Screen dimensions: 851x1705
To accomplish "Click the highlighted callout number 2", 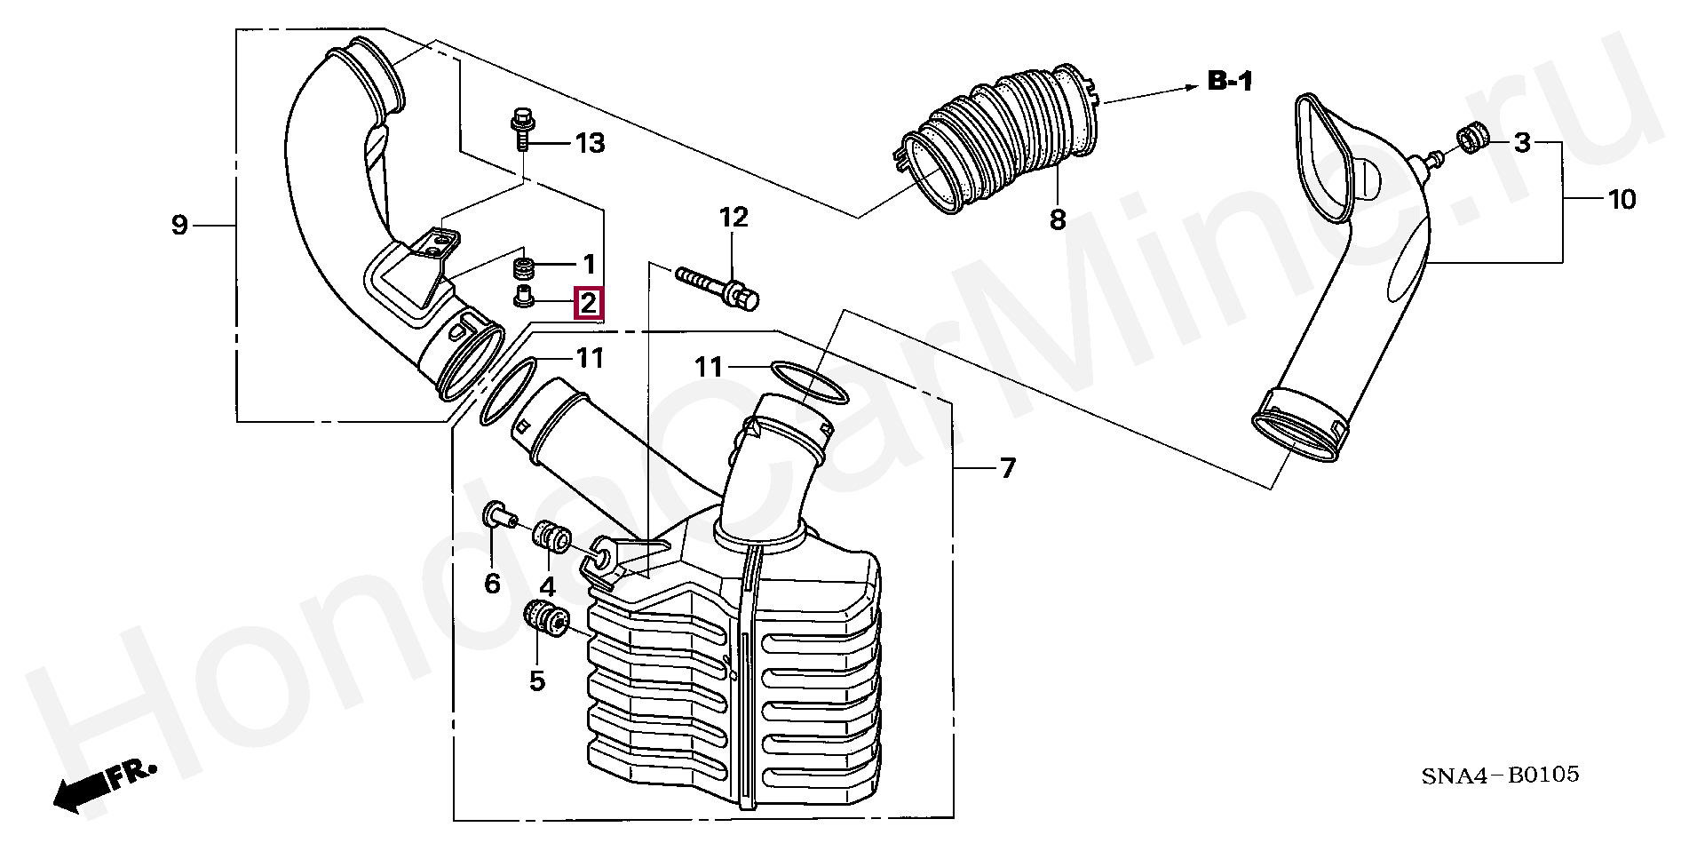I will (x=589, y=304).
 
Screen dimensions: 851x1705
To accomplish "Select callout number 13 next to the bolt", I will (x=590, y=143).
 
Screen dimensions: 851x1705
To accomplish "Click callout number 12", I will (x=734, y=218).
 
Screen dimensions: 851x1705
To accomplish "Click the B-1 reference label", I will (x=1230, y=82).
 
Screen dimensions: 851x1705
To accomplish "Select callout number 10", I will (x=1622, y=199).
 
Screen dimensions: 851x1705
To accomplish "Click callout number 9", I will (x=179, y=226).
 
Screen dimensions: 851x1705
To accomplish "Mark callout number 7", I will (x=1007, y=468).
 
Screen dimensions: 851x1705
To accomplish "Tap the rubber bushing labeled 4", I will (x=551, y=537).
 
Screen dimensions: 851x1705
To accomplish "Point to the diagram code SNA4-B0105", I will (x=1500, y=775).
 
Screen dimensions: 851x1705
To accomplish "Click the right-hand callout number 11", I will (x=710, y=366).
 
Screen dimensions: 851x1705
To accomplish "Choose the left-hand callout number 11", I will (x=590, y=358).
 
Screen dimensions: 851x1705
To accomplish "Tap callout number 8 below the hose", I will (x=1057, y=219).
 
